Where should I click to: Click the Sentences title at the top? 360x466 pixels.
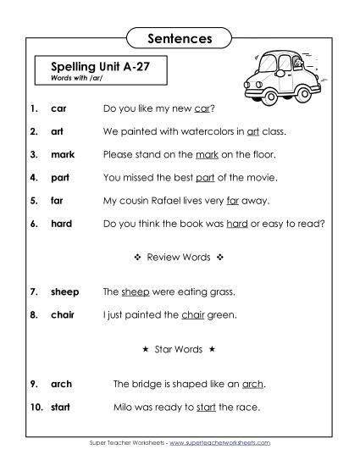point(179,39)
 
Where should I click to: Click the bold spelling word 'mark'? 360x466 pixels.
point(63,155)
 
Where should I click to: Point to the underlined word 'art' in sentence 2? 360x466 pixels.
point(252,132)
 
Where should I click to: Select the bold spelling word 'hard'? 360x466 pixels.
point(62,224)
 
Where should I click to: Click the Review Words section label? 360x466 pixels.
point(179,255)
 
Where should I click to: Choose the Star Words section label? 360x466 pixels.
point(179,348)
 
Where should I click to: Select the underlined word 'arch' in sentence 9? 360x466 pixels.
point(253,384)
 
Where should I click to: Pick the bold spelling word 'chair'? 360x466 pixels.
point(63,314)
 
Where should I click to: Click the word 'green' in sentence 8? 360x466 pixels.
point(222,314)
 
